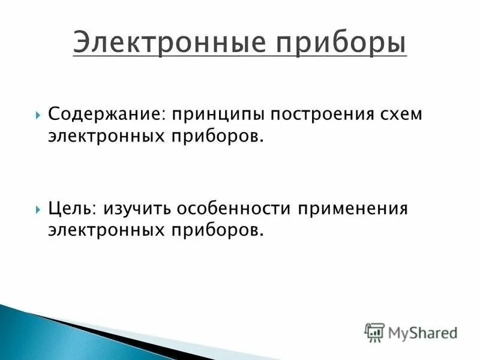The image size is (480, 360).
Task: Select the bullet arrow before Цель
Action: click(38, 209)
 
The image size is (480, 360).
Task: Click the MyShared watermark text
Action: click(422, 332)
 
